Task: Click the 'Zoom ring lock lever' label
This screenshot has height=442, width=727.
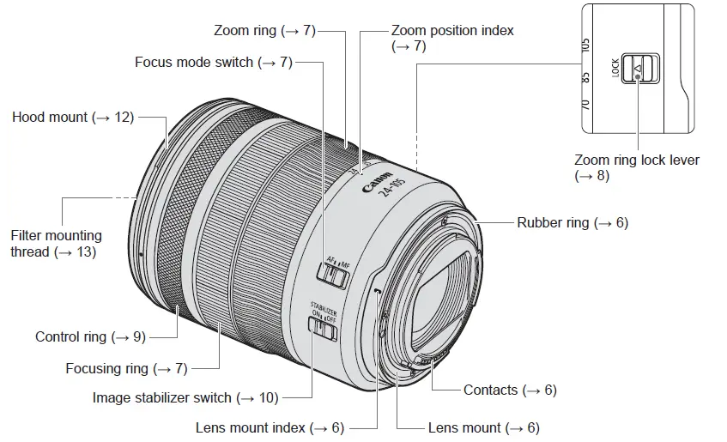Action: [636, 167]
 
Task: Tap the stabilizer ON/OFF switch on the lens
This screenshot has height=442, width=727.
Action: [323, 326]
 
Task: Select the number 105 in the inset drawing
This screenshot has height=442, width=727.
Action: [585, 44]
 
